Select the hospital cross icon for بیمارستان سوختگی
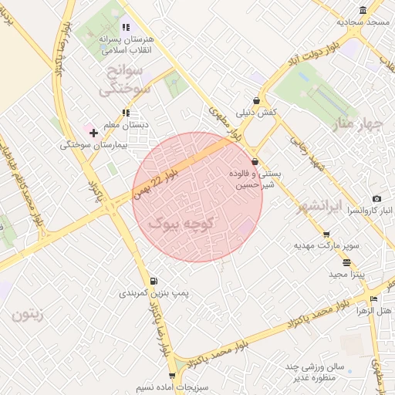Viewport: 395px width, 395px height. click(93, 133)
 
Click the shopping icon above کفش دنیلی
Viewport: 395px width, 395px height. click(255, 100)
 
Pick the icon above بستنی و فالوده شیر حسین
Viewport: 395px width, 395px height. click(255, 162)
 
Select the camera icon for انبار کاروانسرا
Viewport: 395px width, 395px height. click(376, 199)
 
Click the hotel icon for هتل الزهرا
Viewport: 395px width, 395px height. click(374, 299)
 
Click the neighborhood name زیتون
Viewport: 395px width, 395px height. click(29, 315)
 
